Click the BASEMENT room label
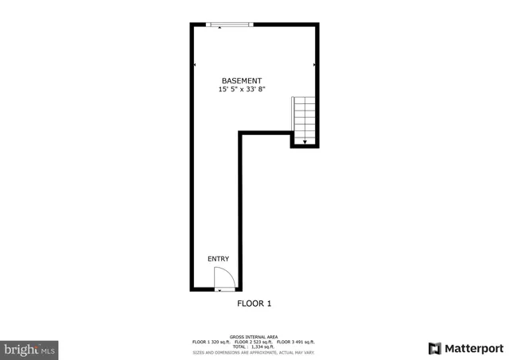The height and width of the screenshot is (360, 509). pos(241,80)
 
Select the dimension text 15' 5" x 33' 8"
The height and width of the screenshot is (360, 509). pos(241,90)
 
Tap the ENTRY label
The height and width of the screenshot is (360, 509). pos(218,258)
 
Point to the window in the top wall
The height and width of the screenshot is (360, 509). pos(229,25)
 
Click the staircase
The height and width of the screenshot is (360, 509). pos(304,120)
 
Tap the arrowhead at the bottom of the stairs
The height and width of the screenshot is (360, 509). pos(304,141)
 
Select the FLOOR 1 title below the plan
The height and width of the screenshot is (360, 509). pos(254,303)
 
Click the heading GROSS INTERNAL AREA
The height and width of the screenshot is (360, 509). pos(254,336)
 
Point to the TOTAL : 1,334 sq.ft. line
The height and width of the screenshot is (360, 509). pos(254,346)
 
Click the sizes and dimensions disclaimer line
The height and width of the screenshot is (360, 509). pos(254,352)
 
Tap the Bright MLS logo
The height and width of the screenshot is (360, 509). pos(30,349)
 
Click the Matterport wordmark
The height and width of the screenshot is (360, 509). pos(474,348)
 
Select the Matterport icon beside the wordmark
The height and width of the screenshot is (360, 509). pos(434,348)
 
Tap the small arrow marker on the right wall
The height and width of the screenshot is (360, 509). pos(315,64)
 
